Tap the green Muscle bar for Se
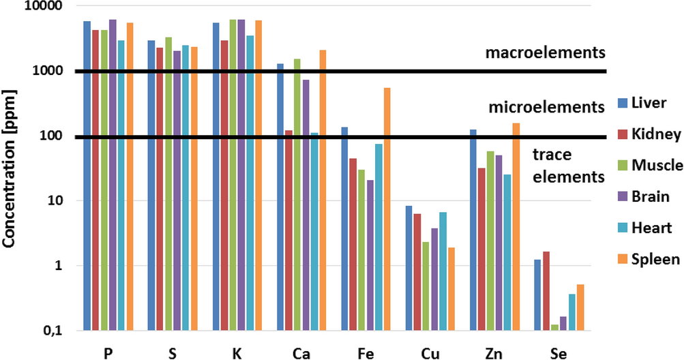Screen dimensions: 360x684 point(554,327)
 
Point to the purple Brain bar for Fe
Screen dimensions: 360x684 point(370,255)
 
